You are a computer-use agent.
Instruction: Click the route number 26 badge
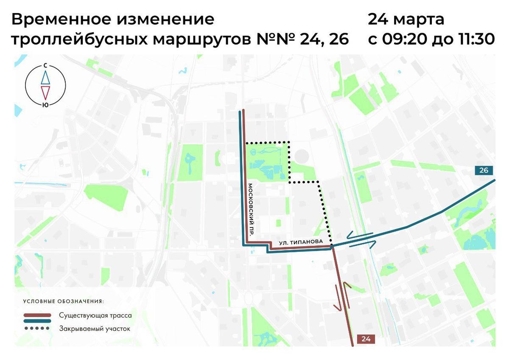(x=484, y=170)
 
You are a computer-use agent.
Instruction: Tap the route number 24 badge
(x=366, y=338)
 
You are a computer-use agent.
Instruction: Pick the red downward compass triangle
(x=45, y=92)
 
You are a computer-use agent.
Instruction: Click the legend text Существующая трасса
(x=95, y=316)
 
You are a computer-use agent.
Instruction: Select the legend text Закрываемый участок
(x=95, y=329)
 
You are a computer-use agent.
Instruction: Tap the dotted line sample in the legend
(x=38, y=329)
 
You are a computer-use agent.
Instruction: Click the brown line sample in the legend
(x=38, y=315)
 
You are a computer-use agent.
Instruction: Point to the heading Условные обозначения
(x=63, y=301)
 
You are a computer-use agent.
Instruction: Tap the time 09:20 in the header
(x=405, y=39)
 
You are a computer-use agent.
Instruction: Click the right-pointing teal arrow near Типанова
(x=363, y=244)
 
